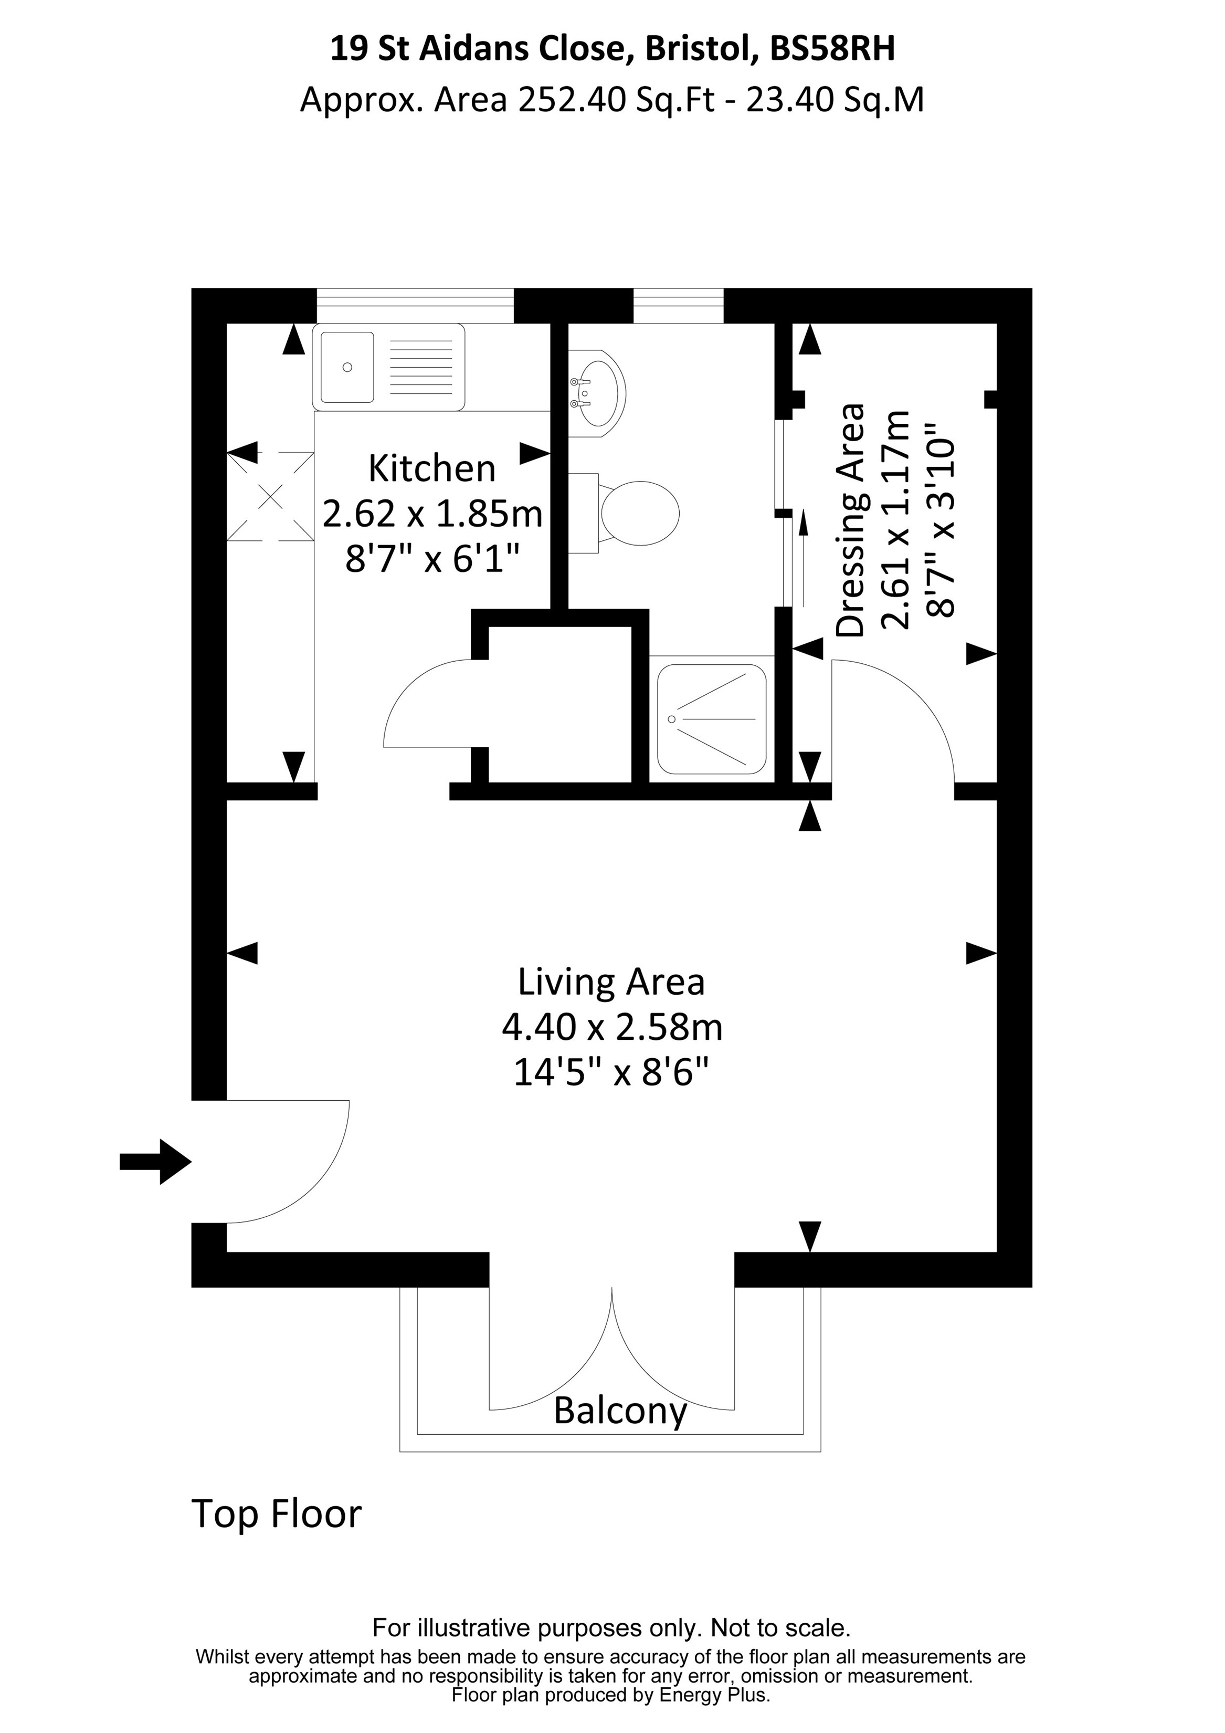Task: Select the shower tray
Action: [x=711, y=718]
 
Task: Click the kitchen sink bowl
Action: [x=347, y=367]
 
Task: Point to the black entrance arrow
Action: [x=155, y=1162]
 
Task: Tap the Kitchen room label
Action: [x=431, y=469]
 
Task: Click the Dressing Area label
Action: [x=851, y=521]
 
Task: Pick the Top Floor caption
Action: [x=277, y=1513]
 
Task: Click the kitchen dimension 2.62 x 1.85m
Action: [x=432, y=514]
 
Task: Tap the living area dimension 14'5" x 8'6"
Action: [x=611, y=1072]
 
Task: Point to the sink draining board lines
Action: [x=421, y=368]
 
